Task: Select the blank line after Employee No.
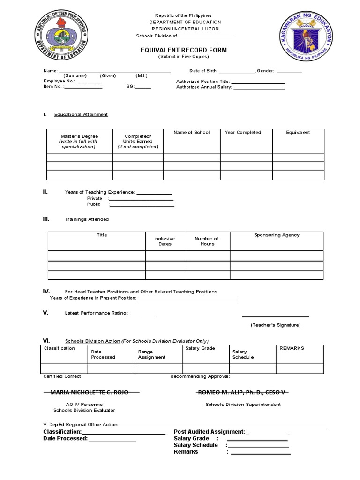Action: point(90,82)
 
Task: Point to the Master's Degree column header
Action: point(79,141)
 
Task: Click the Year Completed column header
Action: point(243,133)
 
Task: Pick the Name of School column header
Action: point(191,133)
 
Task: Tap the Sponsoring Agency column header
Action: point(277,235)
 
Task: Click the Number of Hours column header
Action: point(207,241)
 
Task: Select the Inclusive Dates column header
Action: point(165,241)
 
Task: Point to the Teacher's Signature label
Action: point(276,325)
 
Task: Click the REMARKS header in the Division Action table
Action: point(292,348)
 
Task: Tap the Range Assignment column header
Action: point(151,354)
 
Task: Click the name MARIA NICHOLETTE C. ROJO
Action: point(86,392)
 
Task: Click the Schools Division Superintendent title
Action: point(243,404)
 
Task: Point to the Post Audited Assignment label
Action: point(209,431)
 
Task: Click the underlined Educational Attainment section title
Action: point(81,114)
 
